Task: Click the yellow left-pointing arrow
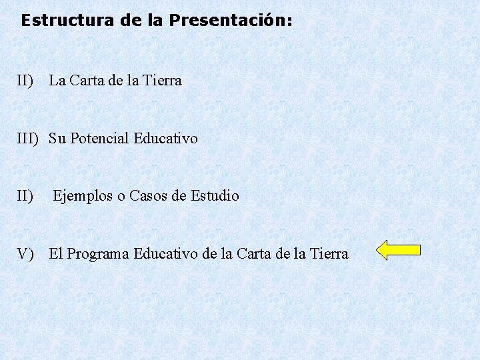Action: pyautogui.click(x=398, y=250)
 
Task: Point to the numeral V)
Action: pyautogui.click(x=27, y=254)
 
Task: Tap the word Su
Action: pyautogui.click(x=57, y=139)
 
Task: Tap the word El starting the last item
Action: pyautogui.click(x=56, y=254)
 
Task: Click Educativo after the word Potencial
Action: pyautogui.click(x=166, y=139)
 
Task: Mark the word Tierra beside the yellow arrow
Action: pyautogui.click(x=329, y=254)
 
